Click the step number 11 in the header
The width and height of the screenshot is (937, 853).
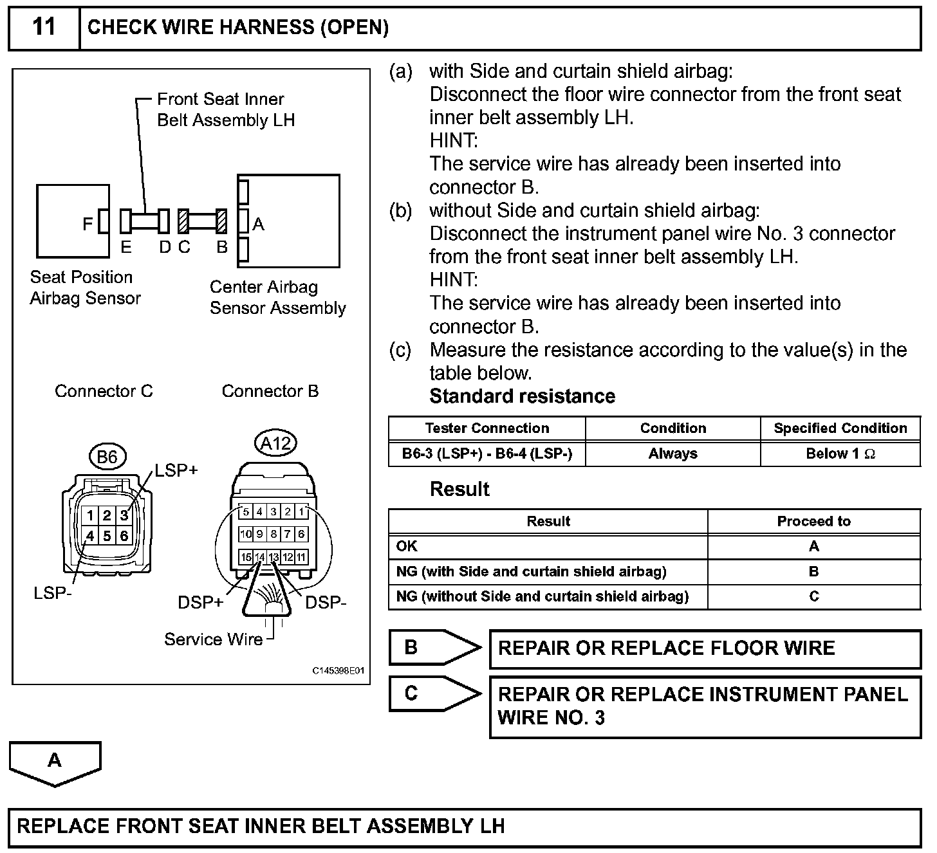[x=44, y=28]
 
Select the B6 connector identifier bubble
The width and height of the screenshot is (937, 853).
[x=107, y=457]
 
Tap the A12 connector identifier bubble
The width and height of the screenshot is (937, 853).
[x=275, y=443]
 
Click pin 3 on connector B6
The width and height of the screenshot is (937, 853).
[x=124, y=515]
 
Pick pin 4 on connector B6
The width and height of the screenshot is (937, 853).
[x=90, y=535]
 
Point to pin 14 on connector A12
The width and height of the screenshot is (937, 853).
[x=259, y=557]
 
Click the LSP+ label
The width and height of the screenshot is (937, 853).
[x=176, y=470]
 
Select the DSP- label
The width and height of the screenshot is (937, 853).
[x=326, y=603]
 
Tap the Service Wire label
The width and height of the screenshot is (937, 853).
[x=213, y=639]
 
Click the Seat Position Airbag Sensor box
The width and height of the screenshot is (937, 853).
[x=72, y=221]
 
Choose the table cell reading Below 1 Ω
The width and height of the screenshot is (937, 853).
[x=840, y=454]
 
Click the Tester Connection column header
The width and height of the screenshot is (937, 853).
[x=487, y=428]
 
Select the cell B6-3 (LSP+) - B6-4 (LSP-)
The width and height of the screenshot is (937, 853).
[x=487, y=454]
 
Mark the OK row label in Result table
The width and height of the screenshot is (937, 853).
[x=407, y=546]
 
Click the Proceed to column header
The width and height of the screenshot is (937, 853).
[x=813, y=521]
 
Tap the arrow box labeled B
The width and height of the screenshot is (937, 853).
[x=434, y=648]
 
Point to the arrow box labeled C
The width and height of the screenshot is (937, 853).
[x=434, y=693]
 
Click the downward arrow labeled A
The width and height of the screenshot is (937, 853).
[x=55, y=762]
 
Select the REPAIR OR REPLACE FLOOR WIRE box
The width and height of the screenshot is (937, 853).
[x=705, y=648]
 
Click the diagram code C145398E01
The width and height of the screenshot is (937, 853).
[x=339, y=671]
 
